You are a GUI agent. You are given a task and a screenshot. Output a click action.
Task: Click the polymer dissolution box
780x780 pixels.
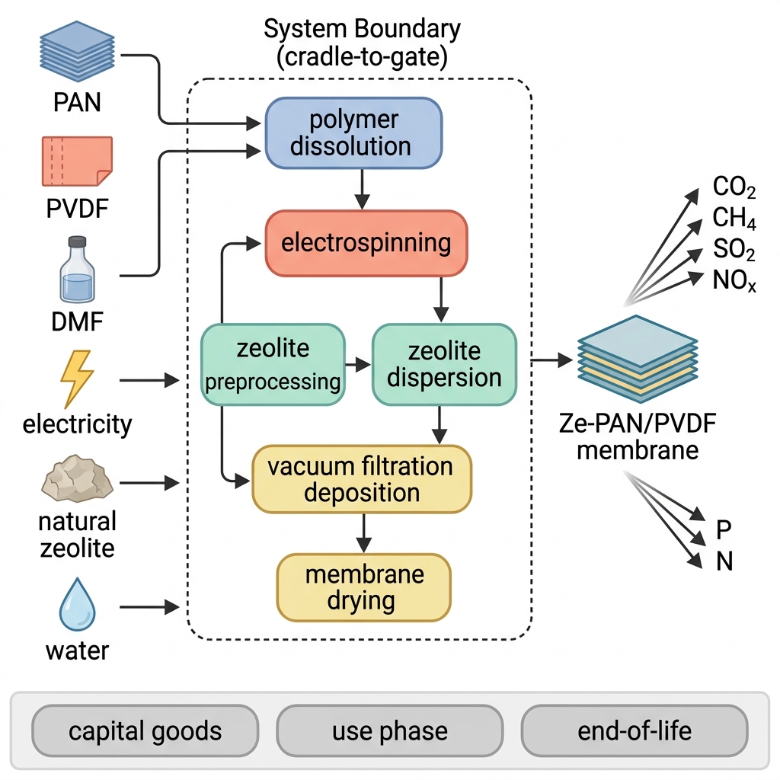click(x=353, y=133)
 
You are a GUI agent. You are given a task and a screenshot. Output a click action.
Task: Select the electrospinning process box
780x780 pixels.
click(x=366, y=243)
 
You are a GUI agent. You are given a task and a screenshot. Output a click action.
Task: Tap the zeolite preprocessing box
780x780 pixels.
click(x=273, y=365)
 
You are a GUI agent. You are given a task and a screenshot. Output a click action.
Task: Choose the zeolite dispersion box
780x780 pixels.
click(x=444, y=365)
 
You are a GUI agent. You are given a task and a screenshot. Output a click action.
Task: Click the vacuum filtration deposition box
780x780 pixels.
click(x=362, y=479)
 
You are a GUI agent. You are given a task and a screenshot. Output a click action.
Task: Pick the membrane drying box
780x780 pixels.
click(x=363, y=587)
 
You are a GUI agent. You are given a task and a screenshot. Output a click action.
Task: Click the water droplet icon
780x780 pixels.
click(x=77, y=604)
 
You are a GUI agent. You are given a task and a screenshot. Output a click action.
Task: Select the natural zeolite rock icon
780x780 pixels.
click(x=77, y=478)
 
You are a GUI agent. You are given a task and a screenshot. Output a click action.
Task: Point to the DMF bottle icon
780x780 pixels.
click(x=77, y=270)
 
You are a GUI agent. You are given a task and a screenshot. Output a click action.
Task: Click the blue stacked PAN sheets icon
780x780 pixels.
click(x=77, y=51)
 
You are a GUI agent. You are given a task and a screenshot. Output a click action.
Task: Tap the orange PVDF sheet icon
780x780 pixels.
click(x=77, y=161)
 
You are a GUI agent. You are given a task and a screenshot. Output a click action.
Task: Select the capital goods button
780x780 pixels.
click(x=145, y=730)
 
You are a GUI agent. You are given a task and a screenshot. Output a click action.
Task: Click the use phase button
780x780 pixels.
click(x=390, y=730)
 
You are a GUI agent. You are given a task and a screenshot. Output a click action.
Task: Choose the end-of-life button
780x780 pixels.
click(x=635, y=730)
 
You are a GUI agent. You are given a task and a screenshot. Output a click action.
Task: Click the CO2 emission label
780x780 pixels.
click(x=734, y=187)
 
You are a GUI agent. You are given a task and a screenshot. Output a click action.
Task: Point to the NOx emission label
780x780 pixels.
click(x=734, y=280)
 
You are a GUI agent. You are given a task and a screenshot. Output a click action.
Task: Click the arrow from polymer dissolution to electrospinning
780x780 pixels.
click(x=362, y=190)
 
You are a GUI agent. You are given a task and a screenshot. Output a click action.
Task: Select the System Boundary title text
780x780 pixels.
click(x=362, y=43)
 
